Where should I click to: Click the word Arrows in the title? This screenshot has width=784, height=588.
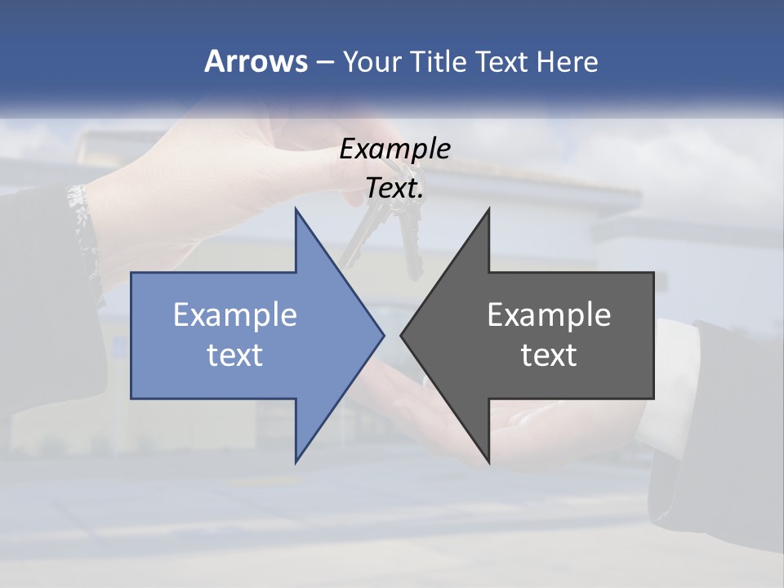tap(256, 61)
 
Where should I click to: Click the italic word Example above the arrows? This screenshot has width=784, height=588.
tap(395, 149)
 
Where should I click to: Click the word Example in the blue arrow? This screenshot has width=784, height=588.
tap(235, 314)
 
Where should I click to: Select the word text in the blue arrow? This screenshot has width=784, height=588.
tap(235, 354)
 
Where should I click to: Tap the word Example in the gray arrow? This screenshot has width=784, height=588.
tap(549, 314)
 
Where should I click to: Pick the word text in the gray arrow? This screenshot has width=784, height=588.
tap(549, 354)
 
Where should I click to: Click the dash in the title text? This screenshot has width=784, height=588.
tap(324, 61)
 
